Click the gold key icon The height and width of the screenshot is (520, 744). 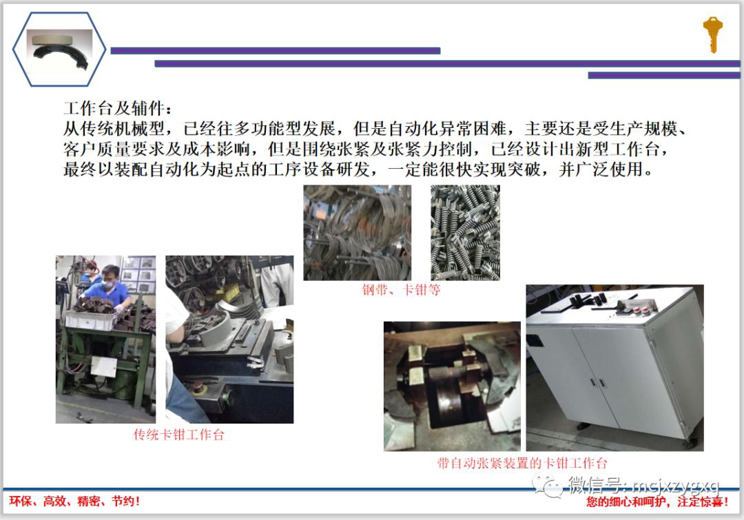pyautogui.click(x=712, y=34)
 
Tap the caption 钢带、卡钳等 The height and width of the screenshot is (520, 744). pyautogui.click(x=402, y=291)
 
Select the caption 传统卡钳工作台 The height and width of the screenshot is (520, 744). pyautogui.click(x=178, y=435)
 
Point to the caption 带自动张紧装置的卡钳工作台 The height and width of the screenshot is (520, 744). pyautogui.click(x=522, y=464)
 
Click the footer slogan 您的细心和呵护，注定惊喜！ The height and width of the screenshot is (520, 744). pyautogui.click(x=657, y=502)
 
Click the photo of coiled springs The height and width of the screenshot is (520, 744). pyautogui.click(x=465, y=232)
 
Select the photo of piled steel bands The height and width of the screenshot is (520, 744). pyautogui.click(x=357, y=232)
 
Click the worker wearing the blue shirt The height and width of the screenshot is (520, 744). pyautogui.click(x=108, y=289)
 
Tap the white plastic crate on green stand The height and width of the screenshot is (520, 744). pyautogui.click(x=89, y=319)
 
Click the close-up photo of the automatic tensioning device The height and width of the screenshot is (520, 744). pyautogui.click(x=452, y=386)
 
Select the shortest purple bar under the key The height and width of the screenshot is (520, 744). pyautogui.click(x=663, y=75)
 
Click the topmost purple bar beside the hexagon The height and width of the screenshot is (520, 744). pyautogui.click(x=275, y=50)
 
